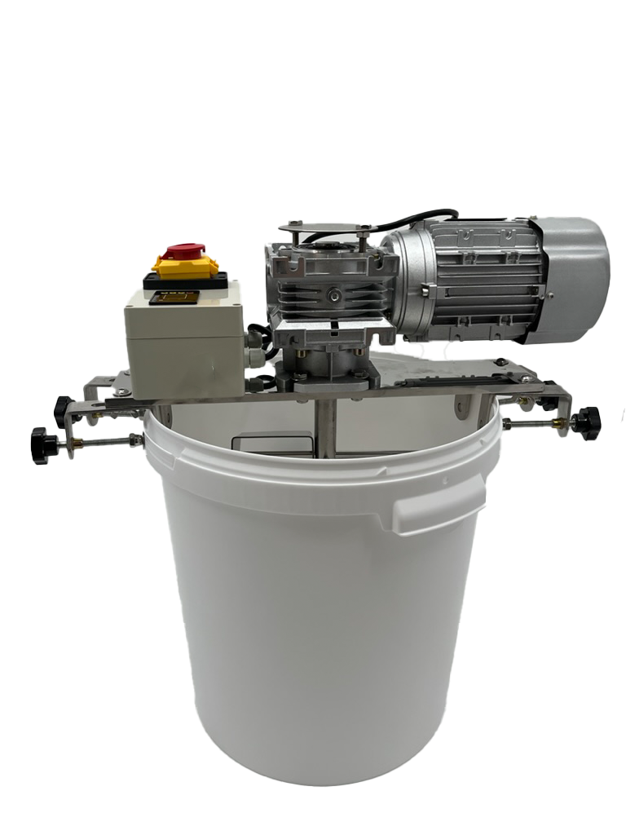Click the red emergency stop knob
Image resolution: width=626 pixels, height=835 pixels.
coord(185,249)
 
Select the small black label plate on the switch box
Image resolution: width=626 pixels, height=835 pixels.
coord(178,298)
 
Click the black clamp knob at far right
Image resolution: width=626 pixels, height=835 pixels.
coord(586,422)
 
